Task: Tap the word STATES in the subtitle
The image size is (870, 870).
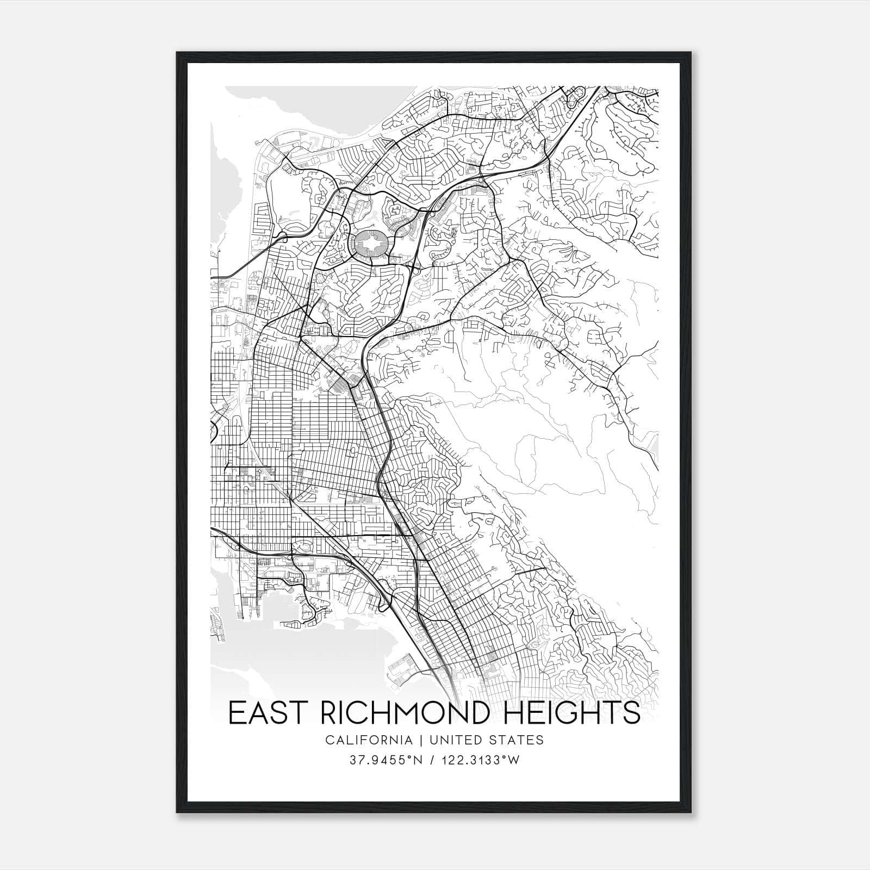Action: click(x=518, y=740)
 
